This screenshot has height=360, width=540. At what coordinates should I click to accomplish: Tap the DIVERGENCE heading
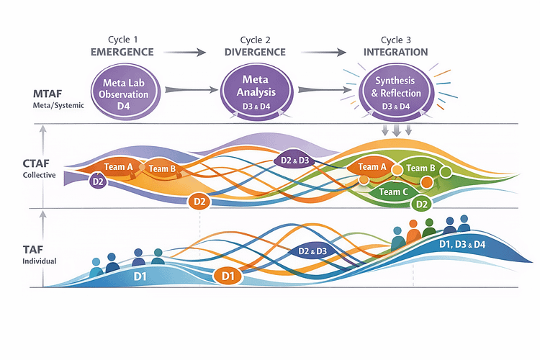click(x=256, y=53)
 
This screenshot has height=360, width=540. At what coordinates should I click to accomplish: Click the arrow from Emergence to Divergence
click(x=186, y=52)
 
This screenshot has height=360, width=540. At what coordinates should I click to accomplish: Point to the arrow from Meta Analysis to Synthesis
click(x=323, y=90)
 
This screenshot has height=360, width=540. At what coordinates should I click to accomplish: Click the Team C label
click(x=394, y=192)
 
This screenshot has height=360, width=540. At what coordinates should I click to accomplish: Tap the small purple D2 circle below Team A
click(x=98, y=181)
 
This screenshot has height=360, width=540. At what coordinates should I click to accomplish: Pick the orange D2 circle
click(x=199, y=202)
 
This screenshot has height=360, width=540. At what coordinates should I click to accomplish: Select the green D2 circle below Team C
click(x=423, y=204)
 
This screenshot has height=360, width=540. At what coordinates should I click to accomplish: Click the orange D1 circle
click(x=228, y=275)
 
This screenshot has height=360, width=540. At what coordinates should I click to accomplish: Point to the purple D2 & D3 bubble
click(x=294, y=160)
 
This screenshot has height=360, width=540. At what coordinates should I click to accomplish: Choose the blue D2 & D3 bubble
click(x=312, y=251)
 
